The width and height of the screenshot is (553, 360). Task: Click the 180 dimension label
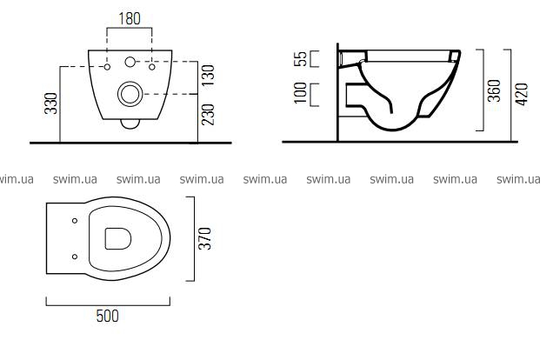click(130, 18)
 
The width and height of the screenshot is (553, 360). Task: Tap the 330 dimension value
click(51, 103)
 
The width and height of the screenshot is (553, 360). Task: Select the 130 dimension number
click(208, 75)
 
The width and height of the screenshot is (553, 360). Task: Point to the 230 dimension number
click(208, 115)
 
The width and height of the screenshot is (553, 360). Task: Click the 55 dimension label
click(301, 59)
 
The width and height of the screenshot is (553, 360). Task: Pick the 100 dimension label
click(301, 93)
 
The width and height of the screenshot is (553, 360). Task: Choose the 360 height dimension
click(494, 90)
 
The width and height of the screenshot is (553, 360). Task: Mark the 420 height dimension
click(522, 94)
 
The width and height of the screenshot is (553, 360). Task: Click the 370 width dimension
click(204, 239)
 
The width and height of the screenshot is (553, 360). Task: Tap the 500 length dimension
click(108, 316)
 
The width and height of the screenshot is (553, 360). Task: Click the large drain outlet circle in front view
click(130, 94)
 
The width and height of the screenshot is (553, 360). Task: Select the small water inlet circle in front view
click(130, 62)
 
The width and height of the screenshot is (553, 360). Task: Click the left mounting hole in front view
click(107, 67)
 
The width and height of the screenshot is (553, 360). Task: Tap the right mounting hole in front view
click(152, 67)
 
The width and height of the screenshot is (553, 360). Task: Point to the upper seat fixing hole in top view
click(75, 221)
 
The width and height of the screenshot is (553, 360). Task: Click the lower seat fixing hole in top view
click(75, 257)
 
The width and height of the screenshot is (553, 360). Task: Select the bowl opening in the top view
click(118, 239)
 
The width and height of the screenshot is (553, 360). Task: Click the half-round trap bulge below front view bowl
click(130, 124)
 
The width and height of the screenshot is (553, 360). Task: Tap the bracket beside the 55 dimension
click(315, 59)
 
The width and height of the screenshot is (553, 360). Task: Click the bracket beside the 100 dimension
click(315, 95)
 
